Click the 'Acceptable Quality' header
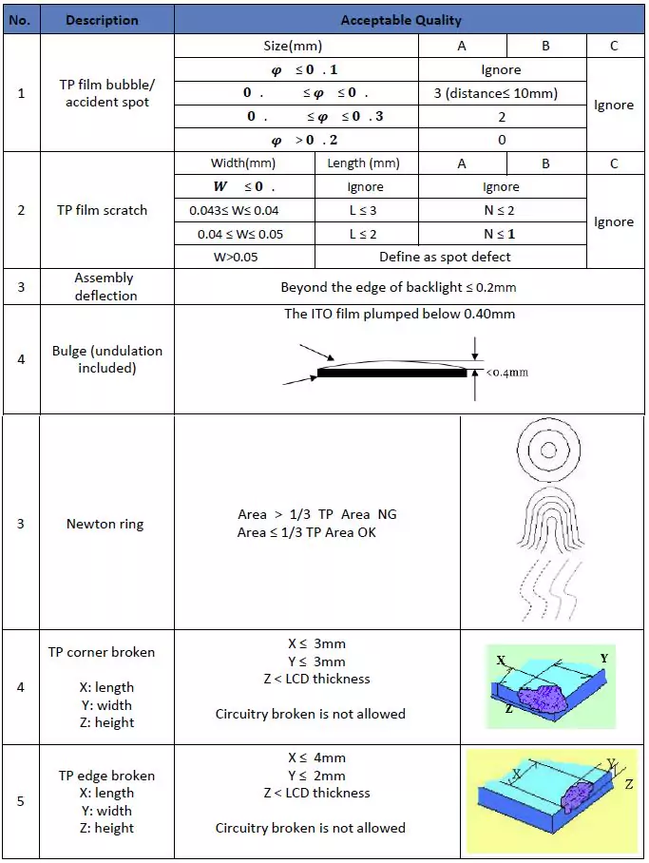(x=400, y=20)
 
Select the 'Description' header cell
(x=103, y=20)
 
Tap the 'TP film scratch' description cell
(x=103, y=210)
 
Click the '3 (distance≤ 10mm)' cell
(x=501, y=93)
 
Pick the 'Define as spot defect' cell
(x=445, y=257)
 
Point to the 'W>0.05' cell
(x=245, y=257)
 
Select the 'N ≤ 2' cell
(x=501, y=210)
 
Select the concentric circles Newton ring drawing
(x=549, y=450)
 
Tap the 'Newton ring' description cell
(x=105, y=524)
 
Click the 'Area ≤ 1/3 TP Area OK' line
(x=307, y=532)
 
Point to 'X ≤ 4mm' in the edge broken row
(x=316, y=758)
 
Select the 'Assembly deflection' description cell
(x=105, y=286)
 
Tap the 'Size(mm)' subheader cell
(x=293, y=46)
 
